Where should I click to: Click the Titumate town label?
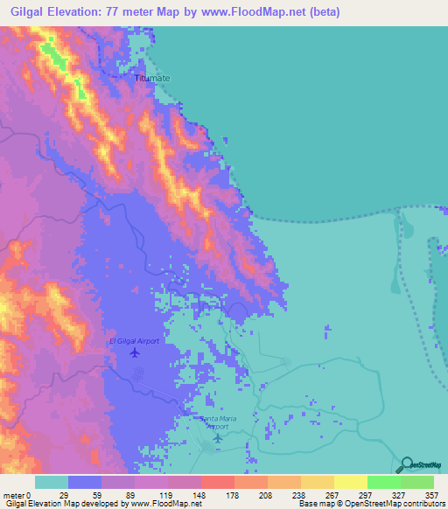click(x=151, y=78)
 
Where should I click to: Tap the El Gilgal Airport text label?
click(x=134, y=341)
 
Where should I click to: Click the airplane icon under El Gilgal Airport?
click(x=134, y=352)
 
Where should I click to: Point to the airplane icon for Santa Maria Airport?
click(x=217, y=437)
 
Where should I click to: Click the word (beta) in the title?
click(x=323, y=12)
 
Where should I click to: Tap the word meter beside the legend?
click(x=14, y=494)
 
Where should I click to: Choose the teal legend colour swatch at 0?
click(x=52, y=482)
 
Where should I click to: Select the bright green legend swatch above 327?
click(x=384, y=482)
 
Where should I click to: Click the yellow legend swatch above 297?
click(x=351, y=482)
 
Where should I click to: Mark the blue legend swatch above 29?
click(x=85, y=482)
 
